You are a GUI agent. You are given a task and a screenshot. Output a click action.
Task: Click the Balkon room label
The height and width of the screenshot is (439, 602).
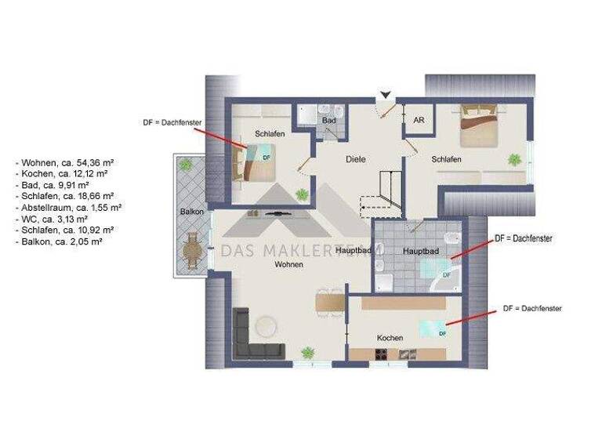tap(192, 212)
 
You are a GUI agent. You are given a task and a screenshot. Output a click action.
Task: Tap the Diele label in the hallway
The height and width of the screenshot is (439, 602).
tap(356, 159)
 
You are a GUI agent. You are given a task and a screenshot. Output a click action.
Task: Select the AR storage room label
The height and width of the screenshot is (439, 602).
tap(419, 120)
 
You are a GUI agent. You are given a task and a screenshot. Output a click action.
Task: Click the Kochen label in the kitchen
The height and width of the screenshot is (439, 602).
tap(390, 338)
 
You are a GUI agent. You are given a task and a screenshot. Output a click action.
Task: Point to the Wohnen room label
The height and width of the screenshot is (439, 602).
tap(288, 265)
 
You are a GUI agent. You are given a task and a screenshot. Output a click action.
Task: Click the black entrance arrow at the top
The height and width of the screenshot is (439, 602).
tap(384, 96)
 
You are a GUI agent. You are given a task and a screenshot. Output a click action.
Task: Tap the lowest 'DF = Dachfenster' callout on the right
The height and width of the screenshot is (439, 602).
tap(532, 309)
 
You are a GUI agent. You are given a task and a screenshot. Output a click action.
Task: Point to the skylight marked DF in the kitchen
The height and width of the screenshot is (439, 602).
tap(432, 329)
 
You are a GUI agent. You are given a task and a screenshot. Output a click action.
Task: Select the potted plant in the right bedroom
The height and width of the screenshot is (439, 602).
tap(514, 160)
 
